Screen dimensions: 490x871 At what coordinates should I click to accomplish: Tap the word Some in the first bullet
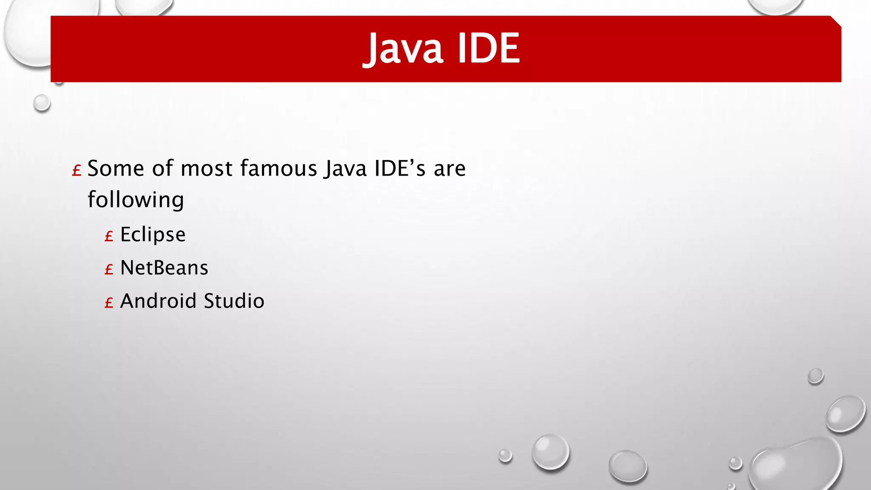tap(116, 168)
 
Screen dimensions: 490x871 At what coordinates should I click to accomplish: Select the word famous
tap(279, 168)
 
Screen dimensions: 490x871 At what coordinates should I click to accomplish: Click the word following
tap(136, 200)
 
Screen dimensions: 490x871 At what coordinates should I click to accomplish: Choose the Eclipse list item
tap(153, 235)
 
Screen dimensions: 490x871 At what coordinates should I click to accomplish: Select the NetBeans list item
tap(164, 268)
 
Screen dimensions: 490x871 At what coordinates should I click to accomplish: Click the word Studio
tap(234, 301)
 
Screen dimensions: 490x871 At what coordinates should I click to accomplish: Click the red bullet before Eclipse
tap(109, 236)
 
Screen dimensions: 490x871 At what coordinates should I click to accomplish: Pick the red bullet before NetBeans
tap(109, 269)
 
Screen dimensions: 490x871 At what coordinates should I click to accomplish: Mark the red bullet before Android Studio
tap(109, 303)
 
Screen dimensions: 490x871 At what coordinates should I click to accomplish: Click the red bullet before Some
tap(77, 171)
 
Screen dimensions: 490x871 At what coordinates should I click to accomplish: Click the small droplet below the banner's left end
tap(42, 103)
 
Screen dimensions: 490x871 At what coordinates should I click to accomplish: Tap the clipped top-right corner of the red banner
tap(836, 21)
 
